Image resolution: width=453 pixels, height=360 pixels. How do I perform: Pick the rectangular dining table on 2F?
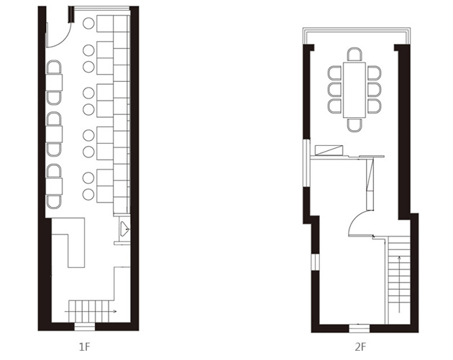354,90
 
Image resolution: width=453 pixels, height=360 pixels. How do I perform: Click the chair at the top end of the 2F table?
354,55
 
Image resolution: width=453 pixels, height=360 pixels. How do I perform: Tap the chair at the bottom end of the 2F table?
354,124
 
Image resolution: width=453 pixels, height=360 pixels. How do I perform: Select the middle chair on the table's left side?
335,89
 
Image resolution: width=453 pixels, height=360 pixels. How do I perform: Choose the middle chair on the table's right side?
374,89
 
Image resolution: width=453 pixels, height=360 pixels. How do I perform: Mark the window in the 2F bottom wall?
360,328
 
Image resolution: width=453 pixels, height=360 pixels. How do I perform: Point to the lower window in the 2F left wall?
314,260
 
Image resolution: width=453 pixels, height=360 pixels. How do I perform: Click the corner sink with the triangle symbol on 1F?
124,229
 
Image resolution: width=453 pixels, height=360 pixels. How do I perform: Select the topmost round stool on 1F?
88,24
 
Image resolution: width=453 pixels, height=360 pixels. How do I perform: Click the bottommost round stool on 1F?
88,194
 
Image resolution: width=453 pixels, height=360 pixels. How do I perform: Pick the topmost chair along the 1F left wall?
54,68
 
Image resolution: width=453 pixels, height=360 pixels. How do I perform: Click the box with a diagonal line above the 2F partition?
331,150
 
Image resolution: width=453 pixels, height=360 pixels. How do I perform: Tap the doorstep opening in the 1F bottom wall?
84,326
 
